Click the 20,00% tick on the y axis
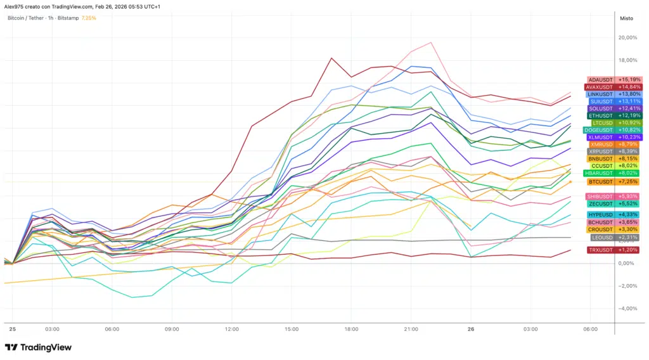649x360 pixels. point(628,37)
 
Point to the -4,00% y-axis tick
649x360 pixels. point(628,309)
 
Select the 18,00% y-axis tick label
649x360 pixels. point(628,60)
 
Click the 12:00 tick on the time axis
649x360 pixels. point(231,330)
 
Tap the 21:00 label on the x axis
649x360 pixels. point(411,330)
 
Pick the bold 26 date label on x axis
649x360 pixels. point(470,330)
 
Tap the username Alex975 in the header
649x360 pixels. point(14,6)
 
